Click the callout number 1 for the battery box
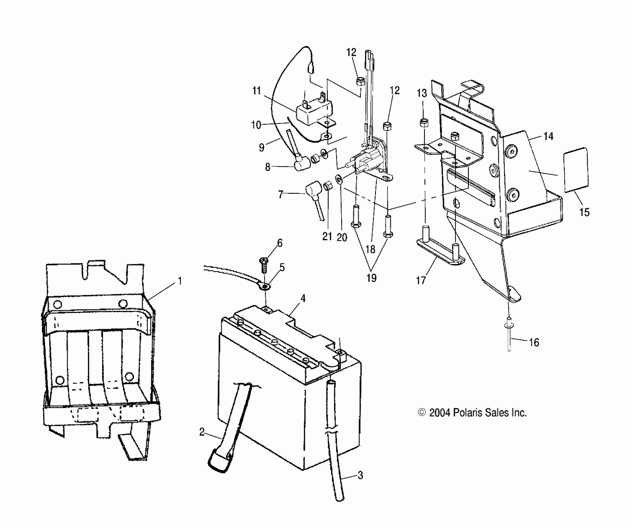[x=179, y=281]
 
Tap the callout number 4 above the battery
[x=303, y=298]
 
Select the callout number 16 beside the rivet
[x=534, y=343]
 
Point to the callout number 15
[x=584, y=212]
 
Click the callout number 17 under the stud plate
[x=421, y=280]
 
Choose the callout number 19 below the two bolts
[x=371, y=278]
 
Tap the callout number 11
[x=256, y=91]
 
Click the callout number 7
[x=281, y=195]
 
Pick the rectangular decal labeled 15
[x=576, y=170]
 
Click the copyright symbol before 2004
[x=422, y=412]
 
